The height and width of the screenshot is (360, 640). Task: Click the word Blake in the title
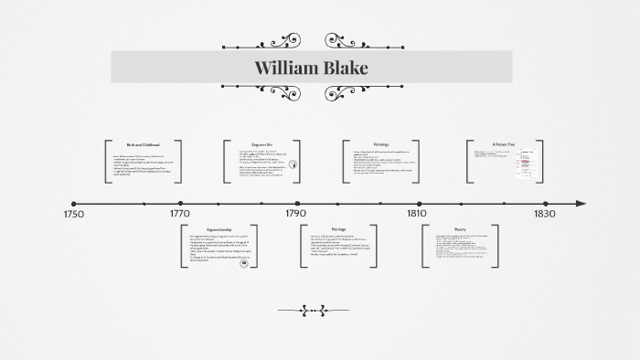click(x=344, y=68)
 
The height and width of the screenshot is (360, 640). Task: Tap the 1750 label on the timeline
click(x=74, y=215)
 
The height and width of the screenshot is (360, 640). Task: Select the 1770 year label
click(x=180, y=215)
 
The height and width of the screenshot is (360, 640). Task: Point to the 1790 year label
click(x=295, y=215)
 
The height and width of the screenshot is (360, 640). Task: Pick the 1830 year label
click(x=544, y=215)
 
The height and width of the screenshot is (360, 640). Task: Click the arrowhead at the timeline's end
click(x=581, y=204)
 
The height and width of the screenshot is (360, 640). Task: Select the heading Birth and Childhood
click(x=143, y=145)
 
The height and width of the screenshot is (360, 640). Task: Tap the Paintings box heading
click(x=381, y=144)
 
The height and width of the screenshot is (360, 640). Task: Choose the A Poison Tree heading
click(x=505, y=144)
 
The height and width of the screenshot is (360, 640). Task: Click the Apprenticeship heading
click(x=219, y=229)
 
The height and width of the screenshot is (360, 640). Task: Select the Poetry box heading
click(x=460, y=229)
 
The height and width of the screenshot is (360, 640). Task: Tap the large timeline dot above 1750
click(x=74, y=204)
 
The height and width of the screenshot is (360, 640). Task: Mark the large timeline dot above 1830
click(x=544, y=204)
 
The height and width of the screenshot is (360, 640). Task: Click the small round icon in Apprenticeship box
click(x=243, y=261)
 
